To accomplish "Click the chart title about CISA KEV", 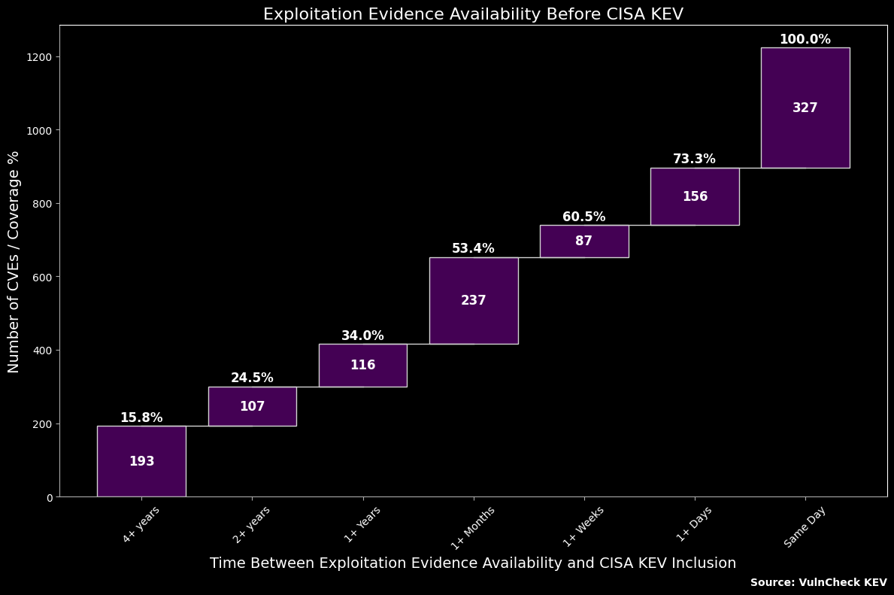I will tap(473, 14).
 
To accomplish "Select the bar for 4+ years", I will tap(141, 461).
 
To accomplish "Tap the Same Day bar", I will tap(805, 108).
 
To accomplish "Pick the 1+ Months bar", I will tap(474, 300).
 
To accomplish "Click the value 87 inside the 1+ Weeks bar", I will tap(584, 241).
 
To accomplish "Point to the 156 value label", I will tap(695, 196).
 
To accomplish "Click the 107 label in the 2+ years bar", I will tap(252, 406).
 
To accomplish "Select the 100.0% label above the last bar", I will tap(805, 40).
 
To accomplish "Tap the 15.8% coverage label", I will tap(141, 417).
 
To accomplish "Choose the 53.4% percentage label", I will tap(473, 248).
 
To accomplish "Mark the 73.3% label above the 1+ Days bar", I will tap(694, 159).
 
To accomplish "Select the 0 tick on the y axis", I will tap(49, 497).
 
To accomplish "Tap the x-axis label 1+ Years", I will tap(362, 524).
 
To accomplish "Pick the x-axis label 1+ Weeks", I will tap(583, 526).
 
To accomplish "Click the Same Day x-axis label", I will tap(805, 527).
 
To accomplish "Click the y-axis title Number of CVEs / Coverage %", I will tap(14, 261).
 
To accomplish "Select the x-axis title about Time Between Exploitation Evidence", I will tap(472, 563).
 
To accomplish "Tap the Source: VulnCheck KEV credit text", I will tap(818, 582).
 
